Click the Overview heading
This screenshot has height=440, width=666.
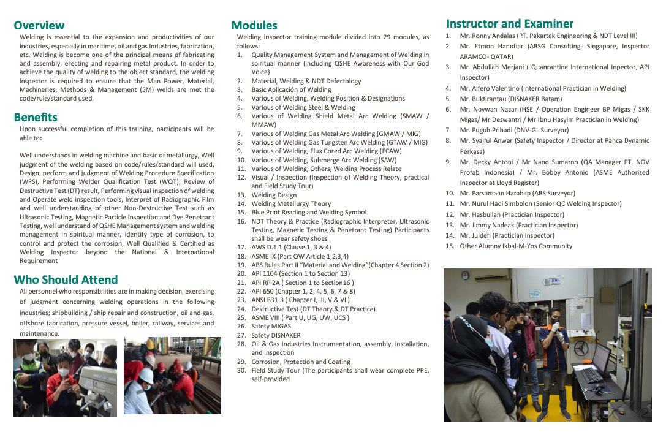pyautogui.click(x=39, y=25)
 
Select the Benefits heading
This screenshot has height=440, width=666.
pyautogui.click(x=36, y=117)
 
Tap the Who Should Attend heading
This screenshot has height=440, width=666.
pyautogui.click(x=66, y=279)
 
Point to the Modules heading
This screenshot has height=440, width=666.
pyautogui.click(x=254, y=26)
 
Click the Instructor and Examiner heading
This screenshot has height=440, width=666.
pyautogui.click(x=510, y=24)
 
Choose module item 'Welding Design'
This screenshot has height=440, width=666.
pyautogui.click(x=274, y=195)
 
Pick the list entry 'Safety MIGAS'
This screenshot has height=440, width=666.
pyautogui.click(x=271, y=326)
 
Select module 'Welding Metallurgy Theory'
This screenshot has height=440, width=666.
pyautogui.click(x=291, y=203)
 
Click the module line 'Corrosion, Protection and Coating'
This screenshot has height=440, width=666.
pyautogui.click(x=301, y=362)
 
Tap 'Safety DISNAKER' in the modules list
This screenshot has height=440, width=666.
pyautogui.click(x=276, y=335)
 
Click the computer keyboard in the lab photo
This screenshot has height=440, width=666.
pyautogui.click(x=591, y=375)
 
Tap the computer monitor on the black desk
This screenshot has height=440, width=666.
pyautogui.click(x=600, y=356)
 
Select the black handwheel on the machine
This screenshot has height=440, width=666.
pyautogui.click(x=580, y=348)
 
